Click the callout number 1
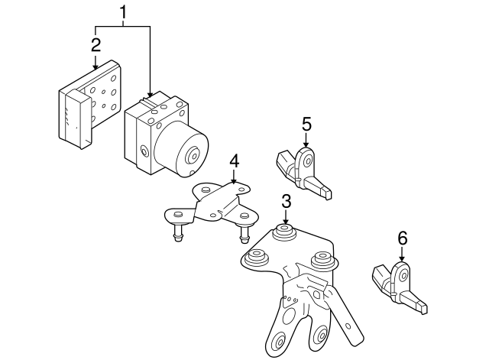[x=123, y=13]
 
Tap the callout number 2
[x=95, y=43]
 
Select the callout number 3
[x=286, y=202]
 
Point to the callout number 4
[x=235, y=161]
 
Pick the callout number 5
[x=306, y=123]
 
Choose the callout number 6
[x=402, y=238]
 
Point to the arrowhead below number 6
[x=402, y=261]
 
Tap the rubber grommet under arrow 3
[x=286, y=232]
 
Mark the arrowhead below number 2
[x=95, y=66]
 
